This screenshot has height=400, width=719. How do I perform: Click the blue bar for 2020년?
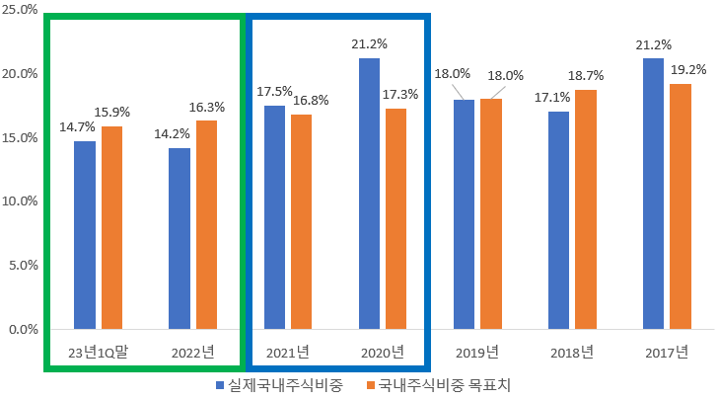click(x=369, y=193)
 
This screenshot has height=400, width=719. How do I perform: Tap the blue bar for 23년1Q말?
click(x=85, y=234)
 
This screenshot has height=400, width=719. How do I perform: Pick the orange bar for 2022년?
click(x=206, y=224)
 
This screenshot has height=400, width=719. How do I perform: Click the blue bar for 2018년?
click(x=558, y=219)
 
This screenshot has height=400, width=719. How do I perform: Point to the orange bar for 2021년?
click(x=301, y=221)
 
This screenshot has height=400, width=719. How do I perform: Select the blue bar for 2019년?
click(x=464, y=213)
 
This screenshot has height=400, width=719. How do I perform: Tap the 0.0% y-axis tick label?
click(x=23, y=328)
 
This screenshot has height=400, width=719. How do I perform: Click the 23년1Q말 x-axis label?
click(x=98, y=352)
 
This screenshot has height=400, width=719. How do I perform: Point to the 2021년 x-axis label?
click(x=287, y=352)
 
